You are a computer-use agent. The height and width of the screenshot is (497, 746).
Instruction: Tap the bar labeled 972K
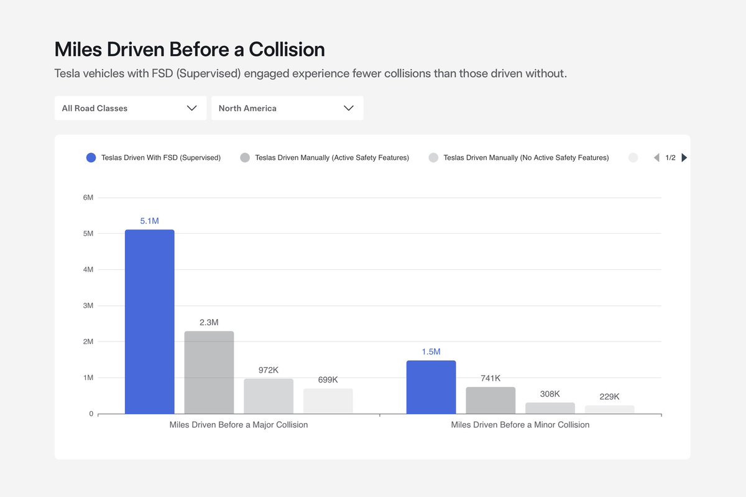(269, 396)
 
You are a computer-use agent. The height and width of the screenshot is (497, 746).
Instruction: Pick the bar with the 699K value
(328, 401)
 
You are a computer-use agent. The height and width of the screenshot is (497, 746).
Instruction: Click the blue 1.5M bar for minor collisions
(431, 387)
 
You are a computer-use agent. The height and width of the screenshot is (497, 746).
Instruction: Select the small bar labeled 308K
(550, 408)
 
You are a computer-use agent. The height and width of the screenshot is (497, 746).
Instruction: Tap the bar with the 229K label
(609, 409)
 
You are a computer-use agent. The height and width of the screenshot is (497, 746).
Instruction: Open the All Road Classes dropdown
(130, 108)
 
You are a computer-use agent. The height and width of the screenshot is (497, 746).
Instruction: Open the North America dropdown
(287, 108)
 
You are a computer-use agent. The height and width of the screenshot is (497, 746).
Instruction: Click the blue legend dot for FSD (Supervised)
(91, 158)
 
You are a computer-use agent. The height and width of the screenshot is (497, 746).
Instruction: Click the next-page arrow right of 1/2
(684, 158)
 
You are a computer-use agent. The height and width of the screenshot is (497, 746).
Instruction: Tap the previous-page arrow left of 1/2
(656, 158)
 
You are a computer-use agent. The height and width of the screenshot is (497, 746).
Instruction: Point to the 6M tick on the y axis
(88, 198)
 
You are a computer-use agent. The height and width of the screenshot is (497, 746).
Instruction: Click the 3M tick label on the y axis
(88, 306)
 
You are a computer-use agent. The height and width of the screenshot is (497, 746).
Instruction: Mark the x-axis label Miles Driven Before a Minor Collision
(520, 425)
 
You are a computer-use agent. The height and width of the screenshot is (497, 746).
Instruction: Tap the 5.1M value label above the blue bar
(149, 221)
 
